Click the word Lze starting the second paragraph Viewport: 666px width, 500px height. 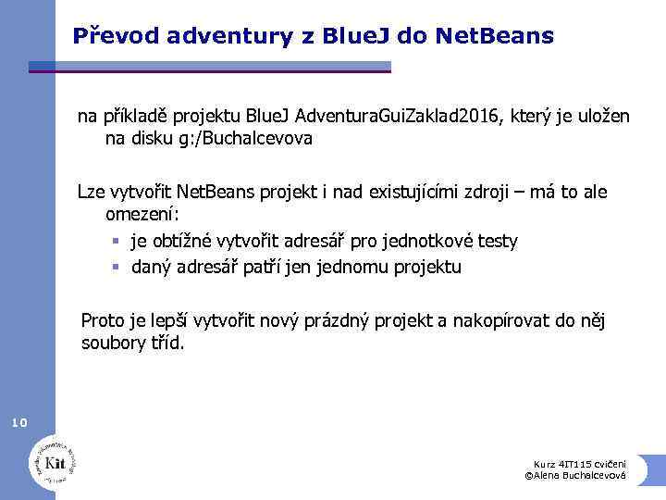pyautogui.click(x=91, y=193)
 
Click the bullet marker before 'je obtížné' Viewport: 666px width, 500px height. pyautogui.click(x=116, y=242)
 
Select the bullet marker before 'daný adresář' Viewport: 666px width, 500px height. pyautogui.click(x=116, y=268)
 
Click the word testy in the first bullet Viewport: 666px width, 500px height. pyautogui.click(x=496, y=241)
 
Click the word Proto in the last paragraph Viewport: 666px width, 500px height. pyautogui.click(x=103, y=321)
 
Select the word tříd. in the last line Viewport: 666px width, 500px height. pyautogui.click(x=165, y=344)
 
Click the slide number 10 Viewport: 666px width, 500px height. pyautogui.click(x=19, y=423)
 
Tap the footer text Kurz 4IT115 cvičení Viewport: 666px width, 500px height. pyautogui.click(x=579, y=464)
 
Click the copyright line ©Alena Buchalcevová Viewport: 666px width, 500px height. pyautogui.click(x=575, y=475)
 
